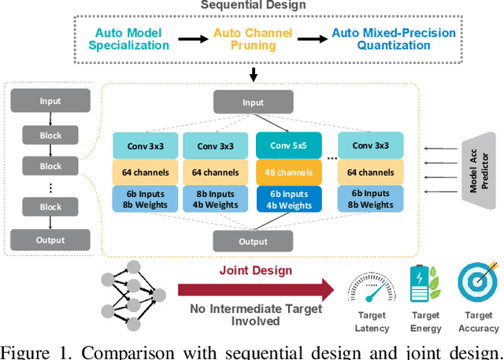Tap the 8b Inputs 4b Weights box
tap(213, 199)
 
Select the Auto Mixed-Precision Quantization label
tap(393, 39)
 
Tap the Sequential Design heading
tap(253, 6)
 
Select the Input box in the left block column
tap(50, 102)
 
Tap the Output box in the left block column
tap(50, 239)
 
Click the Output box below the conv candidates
tap(253, 240)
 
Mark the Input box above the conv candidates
tap(253, 102)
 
